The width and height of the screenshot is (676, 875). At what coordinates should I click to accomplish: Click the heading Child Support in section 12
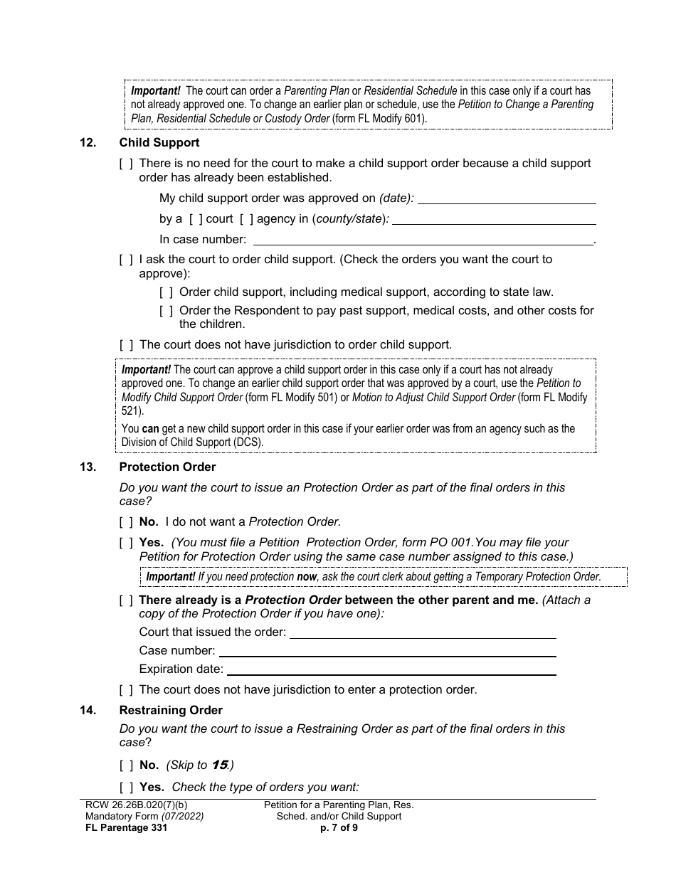159,143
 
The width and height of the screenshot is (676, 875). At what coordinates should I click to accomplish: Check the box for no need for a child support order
126,164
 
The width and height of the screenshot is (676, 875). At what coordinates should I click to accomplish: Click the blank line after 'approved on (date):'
507,198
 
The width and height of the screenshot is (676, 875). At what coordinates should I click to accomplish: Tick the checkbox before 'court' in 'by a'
196,219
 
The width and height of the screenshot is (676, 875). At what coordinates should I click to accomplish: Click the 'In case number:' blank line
423,240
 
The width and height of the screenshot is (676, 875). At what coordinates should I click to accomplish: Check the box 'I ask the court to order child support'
126,260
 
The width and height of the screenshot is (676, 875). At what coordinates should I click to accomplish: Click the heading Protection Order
167,467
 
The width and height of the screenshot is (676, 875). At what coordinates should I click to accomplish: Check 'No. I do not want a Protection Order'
126,522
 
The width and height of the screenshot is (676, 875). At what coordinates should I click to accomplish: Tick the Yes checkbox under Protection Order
126,543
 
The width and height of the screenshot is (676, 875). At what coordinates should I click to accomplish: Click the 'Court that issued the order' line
423,632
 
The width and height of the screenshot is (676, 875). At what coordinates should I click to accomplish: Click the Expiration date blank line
391,669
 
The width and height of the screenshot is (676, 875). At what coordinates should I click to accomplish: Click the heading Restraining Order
171,711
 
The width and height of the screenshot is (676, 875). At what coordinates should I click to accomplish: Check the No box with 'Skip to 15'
126,765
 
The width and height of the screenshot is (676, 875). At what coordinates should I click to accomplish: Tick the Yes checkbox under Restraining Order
126,787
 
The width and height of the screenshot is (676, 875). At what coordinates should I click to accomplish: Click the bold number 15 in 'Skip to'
219,765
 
